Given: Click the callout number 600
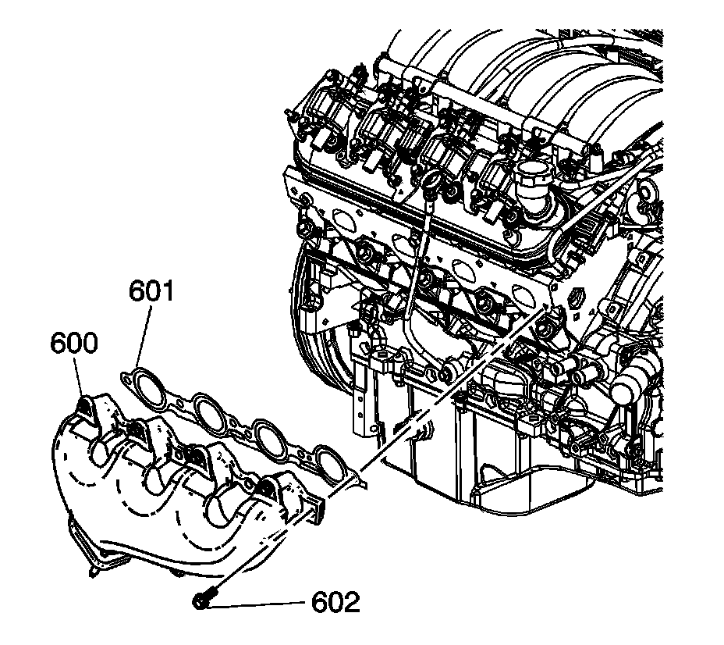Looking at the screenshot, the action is click(76, 343).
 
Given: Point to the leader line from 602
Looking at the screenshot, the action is click(257, 602).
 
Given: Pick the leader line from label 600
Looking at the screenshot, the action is click(80, 378).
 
